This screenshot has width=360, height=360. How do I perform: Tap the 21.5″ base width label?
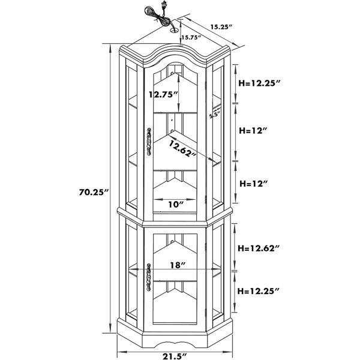point(175,356)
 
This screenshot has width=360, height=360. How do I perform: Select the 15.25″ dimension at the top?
point(222,27)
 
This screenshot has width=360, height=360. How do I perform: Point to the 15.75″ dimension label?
point(191,37)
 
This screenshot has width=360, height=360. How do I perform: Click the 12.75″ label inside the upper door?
point(163,94)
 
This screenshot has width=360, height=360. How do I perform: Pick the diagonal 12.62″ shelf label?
point(183,149)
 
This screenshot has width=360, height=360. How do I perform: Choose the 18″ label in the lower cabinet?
point(178,265)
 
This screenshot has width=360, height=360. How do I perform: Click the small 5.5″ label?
point(215,115)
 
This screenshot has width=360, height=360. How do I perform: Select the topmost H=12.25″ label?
point(260,83)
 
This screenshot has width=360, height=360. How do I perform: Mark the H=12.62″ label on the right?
point(259,248)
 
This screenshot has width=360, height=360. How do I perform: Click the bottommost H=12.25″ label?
point(259,291)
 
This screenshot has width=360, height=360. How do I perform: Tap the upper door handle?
point(149,142)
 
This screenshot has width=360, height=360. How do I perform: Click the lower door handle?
point(149,277)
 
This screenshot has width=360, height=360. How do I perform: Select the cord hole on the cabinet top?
point(175,30)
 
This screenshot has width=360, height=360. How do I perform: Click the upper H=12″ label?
point(253,131)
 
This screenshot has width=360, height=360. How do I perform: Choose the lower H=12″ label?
point(254,184)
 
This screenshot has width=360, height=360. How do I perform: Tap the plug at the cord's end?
point(164,5)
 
